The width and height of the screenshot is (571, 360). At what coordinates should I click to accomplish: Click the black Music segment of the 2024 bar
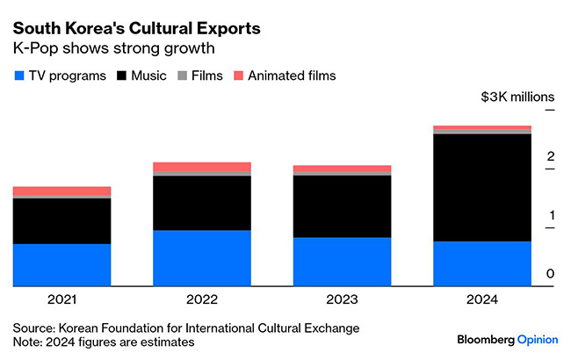482,187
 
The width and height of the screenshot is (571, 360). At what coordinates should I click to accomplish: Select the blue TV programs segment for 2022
201,257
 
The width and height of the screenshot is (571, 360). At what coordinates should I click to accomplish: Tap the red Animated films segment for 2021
61,191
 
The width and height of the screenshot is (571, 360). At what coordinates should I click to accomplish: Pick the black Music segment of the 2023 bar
342,206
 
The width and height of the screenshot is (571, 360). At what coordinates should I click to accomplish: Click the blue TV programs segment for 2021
61,264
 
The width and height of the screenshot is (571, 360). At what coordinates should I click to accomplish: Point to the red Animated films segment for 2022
201,167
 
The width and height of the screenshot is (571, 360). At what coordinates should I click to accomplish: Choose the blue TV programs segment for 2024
482,263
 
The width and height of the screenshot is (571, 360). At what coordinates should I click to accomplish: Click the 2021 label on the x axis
61,299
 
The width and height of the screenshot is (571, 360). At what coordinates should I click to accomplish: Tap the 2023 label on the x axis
342,299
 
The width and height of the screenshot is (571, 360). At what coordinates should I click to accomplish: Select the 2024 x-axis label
482,299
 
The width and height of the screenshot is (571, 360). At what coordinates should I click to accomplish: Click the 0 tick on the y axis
550,275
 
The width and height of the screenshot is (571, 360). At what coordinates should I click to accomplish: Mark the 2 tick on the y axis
550,157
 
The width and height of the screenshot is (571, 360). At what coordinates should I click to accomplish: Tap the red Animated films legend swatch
238,76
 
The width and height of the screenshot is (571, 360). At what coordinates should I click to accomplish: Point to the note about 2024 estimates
103,342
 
